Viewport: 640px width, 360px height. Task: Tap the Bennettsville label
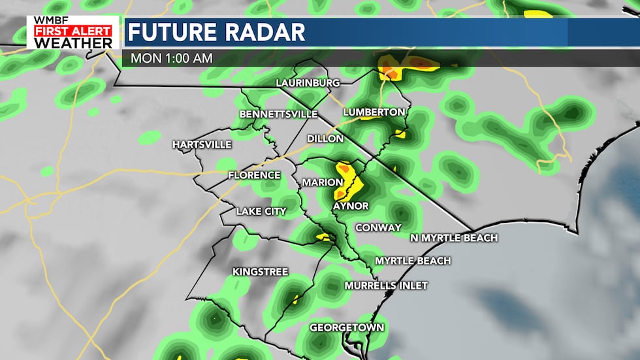(x=278, y=114)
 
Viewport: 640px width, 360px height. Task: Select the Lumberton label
(x=374, y=112)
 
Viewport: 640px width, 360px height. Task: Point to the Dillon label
(x=325, y=139)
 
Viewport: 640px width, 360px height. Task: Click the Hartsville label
(x=202, y=144)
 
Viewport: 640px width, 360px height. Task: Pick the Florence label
(x=254, y=175)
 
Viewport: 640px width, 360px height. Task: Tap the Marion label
(x=322, y=182)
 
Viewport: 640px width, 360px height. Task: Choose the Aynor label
(x=351, y=206)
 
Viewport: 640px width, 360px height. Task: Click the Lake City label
(x=261, y=211)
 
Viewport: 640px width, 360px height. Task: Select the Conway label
(x=377, y=227)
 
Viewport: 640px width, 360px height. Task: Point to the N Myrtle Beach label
(x=454, y=238)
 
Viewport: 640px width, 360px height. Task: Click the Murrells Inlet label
(x=386, y=286)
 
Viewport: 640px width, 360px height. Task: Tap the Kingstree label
(x=260, y=271)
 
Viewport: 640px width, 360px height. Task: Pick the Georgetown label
(x=346, y=327)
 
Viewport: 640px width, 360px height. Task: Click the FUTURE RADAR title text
(x=216, y=31)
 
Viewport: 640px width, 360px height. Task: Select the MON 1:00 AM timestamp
(x=171, y=57)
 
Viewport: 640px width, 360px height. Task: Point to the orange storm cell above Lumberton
(x=389, y=69)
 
